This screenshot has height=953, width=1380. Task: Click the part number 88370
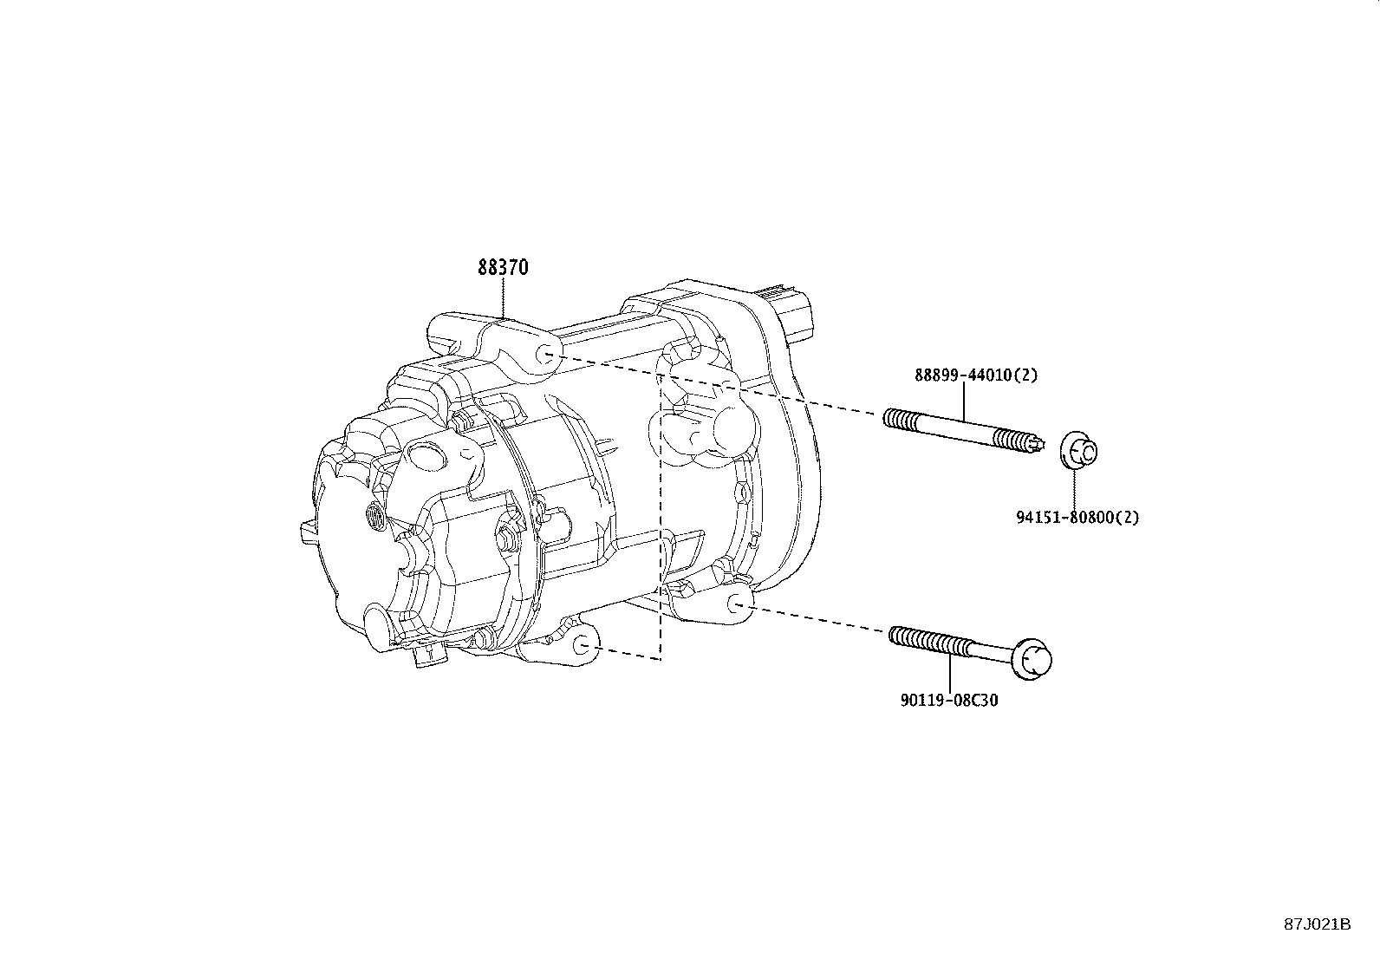pyautogui.click(x=502, y=268)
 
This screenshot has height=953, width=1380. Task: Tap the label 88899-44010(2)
pyautogui.click(x=975, y=375)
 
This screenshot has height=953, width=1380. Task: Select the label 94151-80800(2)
pyautogui.click(x=1077, y=518)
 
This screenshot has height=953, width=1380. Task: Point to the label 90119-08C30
pyautogui.click(x=948, y=700)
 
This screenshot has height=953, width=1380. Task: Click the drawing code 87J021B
pyautogui.click(x=1318, y=924)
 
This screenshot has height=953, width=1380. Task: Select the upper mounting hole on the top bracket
pyautogui.click(x=545, y=353)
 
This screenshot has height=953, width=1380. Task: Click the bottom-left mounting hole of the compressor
pyautogui.click(x=583, y=645)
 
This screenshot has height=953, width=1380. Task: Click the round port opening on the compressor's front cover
pyautogui.click(x=426, y=454)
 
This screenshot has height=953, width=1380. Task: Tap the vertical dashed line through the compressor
pyautogui.click(x=661, y=520)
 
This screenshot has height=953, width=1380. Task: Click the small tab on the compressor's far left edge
pyautogui.click(x=307, y=532)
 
